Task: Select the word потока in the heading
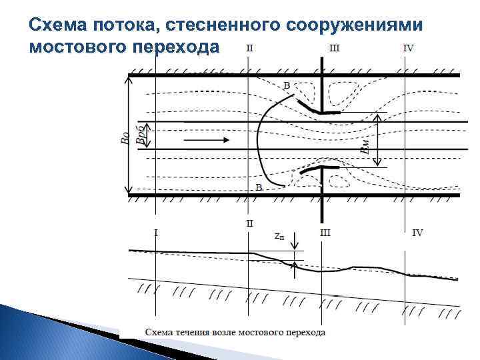125,25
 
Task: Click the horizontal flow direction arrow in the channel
207,140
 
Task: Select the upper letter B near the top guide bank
287,85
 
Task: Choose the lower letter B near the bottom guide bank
259,188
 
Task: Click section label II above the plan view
249,49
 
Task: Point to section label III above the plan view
334,49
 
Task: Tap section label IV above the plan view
408,49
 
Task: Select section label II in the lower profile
249,223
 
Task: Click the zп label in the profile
280,235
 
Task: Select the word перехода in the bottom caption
306,331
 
